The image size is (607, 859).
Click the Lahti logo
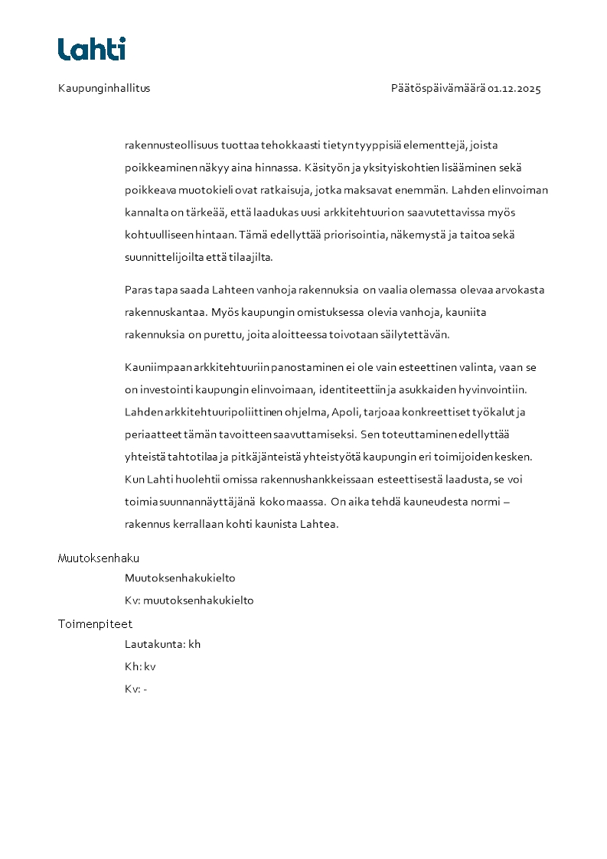tap(91, 49)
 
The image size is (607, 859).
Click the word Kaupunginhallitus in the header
tap(104, 88)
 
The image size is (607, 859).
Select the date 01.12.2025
tap(514, 88)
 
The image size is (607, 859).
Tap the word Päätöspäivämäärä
tap(438, 88)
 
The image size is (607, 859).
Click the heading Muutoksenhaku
tap(99, 558)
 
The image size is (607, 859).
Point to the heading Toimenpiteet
tap(95, 624)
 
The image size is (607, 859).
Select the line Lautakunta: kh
tap(162, 644)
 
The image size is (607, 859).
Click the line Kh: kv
tap(140, 666)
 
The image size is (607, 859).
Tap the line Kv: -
tap(135, 688)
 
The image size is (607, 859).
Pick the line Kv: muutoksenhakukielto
tap(189, 600)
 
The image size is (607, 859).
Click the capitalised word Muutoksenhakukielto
tap(180, 578)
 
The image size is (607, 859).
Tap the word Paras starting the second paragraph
tap(137, 290)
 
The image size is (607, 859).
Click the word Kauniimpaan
tap(158, 368)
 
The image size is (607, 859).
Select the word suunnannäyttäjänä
tap(210, 503)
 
